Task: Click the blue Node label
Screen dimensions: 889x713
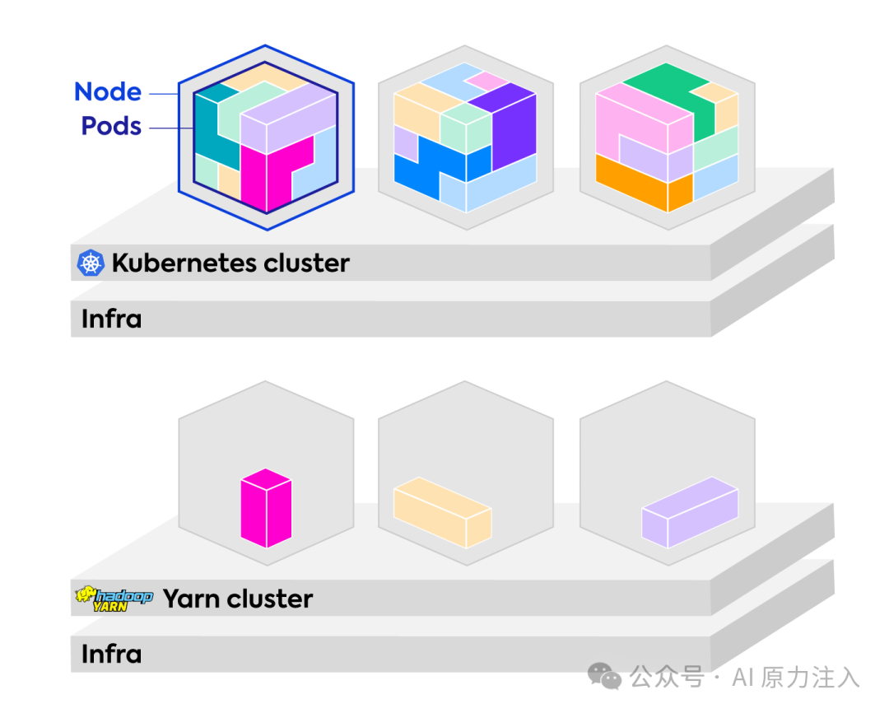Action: coord(108,91)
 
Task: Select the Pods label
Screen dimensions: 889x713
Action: coord(111,126)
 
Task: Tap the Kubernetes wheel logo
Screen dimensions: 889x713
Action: coord(91,263)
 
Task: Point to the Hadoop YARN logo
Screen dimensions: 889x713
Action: coord(114,599)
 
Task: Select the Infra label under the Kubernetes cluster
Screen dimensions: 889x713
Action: coord(111,319)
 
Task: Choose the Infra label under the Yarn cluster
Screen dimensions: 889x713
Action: coord(111,654)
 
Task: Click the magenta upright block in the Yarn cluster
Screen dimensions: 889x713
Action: coord(266,508)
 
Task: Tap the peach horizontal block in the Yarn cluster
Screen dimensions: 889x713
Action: coord(442,513)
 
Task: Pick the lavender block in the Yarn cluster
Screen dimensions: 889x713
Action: coord(690,512)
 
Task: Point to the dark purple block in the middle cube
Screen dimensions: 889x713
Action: coord(507,125)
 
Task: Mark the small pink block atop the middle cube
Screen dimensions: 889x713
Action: coord(486,81)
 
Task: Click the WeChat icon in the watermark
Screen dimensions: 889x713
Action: coord(604,676)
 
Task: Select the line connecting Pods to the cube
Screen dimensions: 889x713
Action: coord(171,128)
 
